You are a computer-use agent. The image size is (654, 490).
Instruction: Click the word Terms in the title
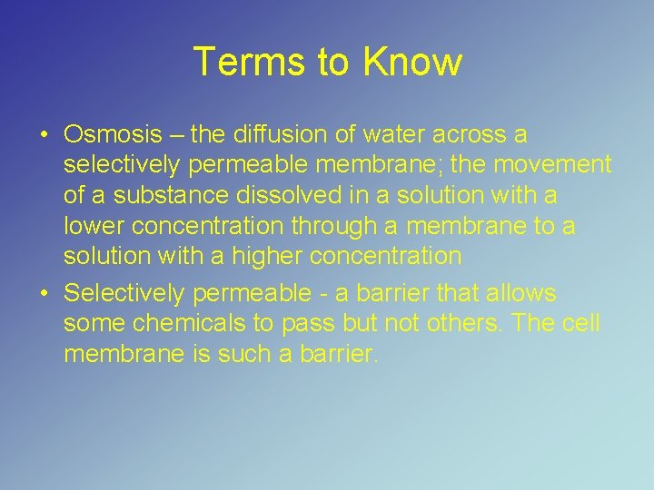(237, 62)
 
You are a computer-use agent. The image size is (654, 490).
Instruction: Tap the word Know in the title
(412, 62)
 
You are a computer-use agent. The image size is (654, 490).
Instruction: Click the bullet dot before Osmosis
(44, 136)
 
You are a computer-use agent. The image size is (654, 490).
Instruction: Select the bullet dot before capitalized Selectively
(44, 294)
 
